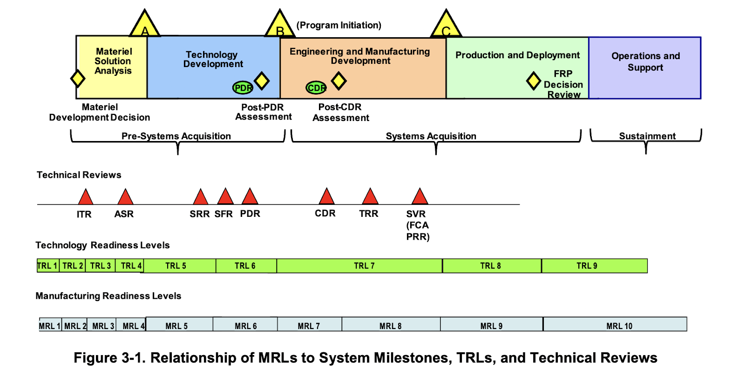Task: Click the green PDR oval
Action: (x=243, y=88)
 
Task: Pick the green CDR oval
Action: (x=316, y=88)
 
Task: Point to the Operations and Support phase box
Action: (x=645, y=67)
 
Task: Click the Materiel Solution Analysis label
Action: (x=113, y=61)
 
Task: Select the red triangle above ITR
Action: (x=85, y=197)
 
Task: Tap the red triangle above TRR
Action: (x=370, y=197)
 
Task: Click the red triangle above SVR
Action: (x=420, y=197)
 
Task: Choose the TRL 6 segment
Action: (x=245, y=266)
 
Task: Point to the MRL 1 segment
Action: (x=50, y=325)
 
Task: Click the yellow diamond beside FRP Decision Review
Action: (x=533, y=81)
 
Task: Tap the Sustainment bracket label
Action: (x=647, y=136)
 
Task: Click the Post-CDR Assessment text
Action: (x=340, y=113)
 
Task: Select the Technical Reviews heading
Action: (x=79, y=175)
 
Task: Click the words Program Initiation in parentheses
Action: (x=339, y=25)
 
